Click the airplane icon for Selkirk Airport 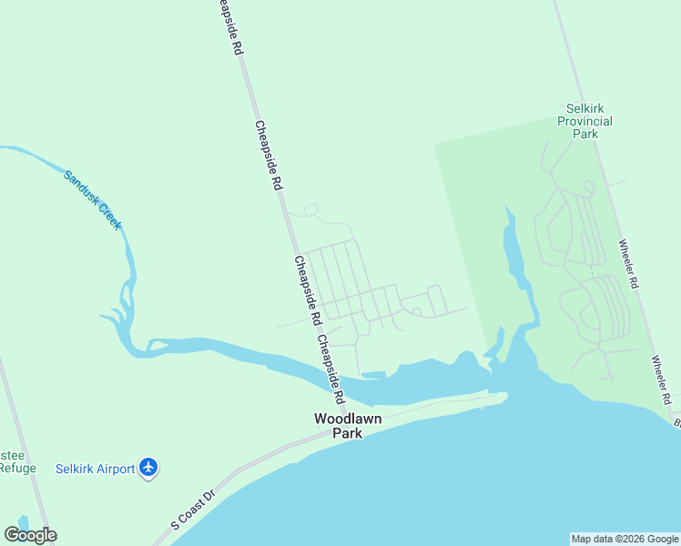150,469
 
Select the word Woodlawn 348,420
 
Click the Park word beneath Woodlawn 347,433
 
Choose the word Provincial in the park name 584,121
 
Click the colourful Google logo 30,535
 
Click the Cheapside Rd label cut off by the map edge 228,27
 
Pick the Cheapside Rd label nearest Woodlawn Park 331,369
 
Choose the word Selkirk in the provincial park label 584,108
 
